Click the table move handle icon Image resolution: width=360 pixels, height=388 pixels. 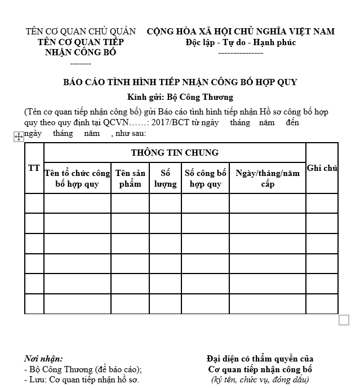[x=18, y=136]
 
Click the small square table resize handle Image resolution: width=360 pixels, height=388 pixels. [x=344, y=320]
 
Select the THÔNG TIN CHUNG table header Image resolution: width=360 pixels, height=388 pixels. [x=175, y=152]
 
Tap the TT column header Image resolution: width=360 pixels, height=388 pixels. [x=34, y=168]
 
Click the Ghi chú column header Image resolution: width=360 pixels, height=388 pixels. [x=322, y=168]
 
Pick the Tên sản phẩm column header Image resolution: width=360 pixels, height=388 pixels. [x=130, y=178]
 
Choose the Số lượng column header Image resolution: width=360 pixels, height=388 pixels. [x=165, y=178]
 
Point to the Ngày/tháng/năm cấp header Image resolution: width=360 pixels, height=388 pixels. [x=268, y=178]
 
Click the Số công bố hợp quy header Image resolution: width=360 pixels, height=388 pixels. [x=205, y=178]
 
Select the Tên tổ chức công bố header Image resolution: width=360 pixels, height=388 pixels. [x=77, y=178]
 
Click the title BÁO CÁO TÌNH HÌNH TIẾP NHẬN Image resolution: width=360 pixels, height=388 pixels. [x=180, y=82]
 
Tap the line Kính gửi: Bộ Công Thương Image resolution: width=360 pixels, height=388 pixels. [x=180, y=97]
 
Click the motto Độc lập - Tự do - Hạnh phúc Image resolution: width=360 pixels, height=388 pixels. [x=241, y=42]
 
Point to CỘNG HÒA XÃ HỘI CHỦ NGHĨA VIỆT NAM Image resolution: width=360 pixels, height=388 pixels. [x=241, y=32]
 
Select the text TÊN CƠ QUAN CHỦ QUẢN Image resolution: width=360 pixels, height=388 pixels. [x=81, y=32]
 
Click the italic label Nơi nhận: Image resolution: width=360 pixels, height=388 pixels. [x=43, y=359]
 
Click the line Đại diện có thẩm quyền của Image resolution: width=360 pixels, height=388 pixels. [x=260, y=359]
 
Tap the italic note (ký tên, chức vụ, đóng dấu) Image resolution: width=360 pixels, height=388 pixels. [x=260, y=380]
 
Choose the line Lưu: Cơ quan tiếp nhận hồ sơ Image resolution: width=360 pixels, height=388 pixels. [x=82, y=380]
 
